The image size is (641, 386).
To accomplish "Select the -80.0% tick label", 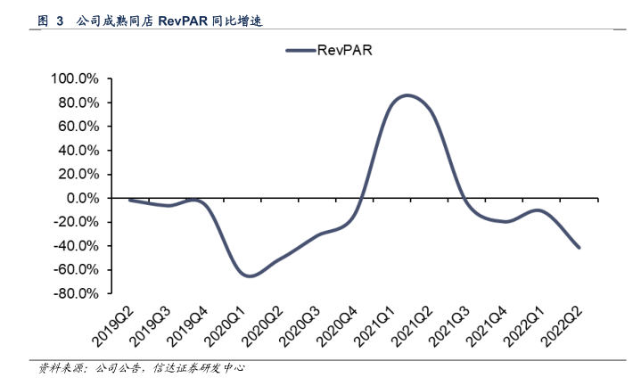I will click(78, 293).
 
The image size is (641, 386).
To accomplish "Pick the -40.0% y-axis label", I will click(78, 246).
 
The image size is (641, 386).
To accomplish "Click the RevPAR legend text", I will click(344, 51).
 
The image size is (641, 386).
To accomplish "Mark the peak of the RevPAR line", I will click(407, 94).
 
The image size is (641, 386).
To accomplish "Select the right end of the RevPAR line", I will click(579, 248).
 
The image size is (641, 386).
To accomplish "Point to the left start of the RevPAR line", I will click(130, 200).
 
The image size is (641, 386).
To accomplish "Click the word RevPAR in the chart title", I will click(185, 19).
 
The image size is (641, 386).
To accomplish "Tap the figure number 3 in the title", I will click(60, 19).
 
